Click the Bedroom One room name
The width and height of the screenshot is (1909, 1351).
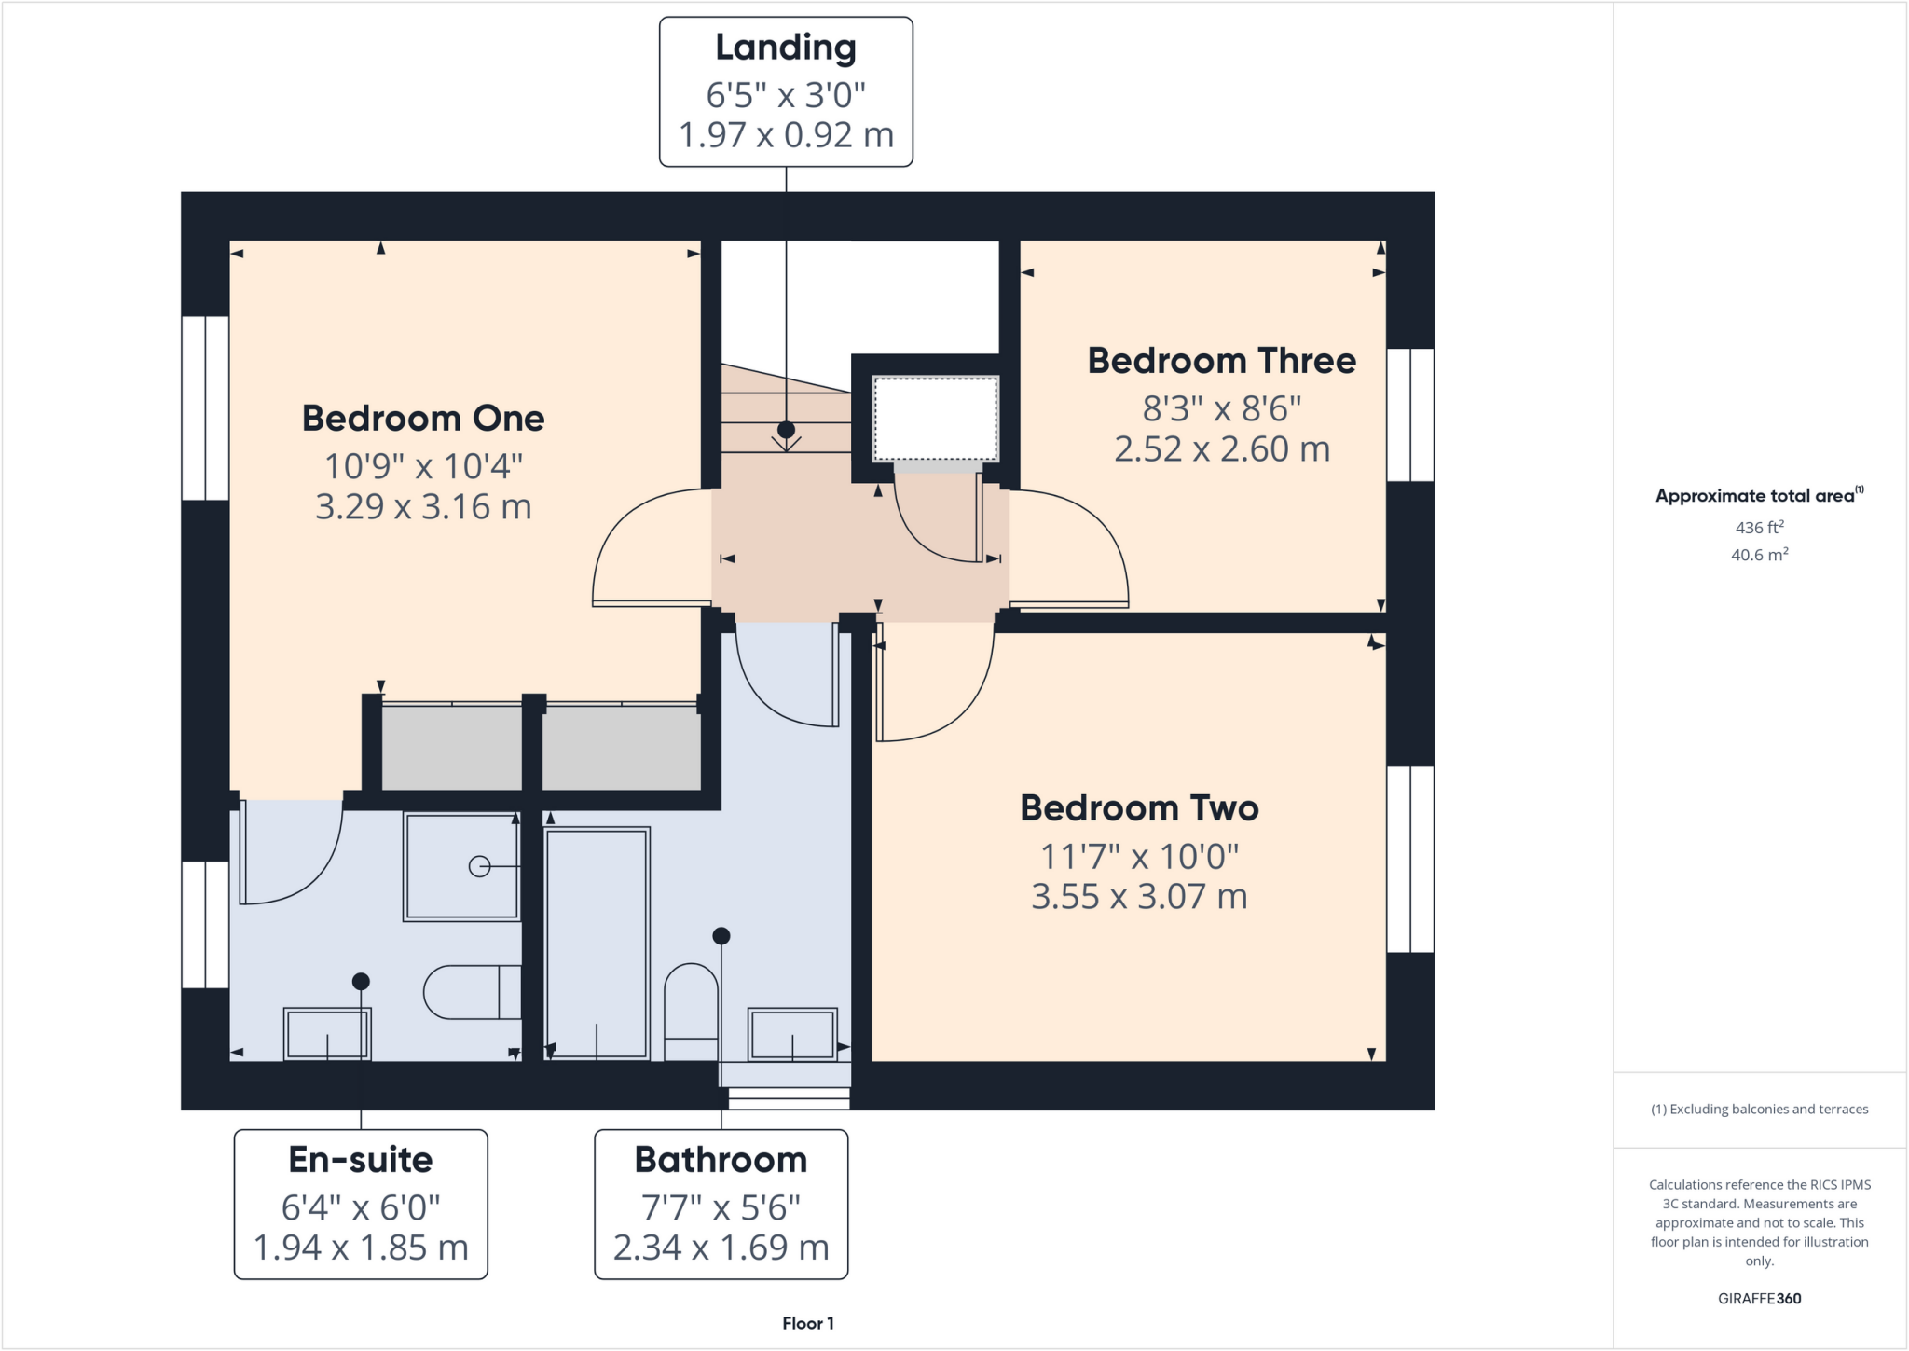pyautogui.click(x=423, y=418)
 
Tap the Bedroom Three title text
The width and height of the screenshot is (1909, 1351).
pyautogui.click(x=1221, y=361)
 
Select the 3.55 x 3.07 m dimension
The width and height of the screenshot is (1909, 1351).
pyautogui.click(x=1139, y=897)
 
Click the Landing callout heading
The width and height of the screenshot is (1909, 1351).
pyautogui.click(x=785, y=48)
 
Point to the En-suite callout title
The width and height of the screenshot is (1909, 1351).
pyautogui.click(x=361, y=1160)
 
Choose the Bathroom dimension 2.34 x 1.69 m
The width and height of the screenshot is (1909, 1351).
pyautogui.click(x=721, y=1248)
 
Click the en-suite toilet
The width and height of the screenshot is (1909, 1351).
pyautogui.click(x=471, y=992)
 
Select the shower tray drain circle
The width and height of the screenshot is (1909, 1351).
pyautogui.click(x=479, y=867)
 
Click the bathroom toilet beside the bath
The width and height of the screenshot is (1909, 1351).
pyautogui.click(x=691, y=1012)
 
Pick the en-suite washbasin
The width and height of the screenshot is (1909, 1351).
pyautogui.click(x=327, y=1033)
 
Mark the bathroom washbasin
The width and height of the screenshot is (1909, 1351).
pyautogui.click(x=792, y=1033)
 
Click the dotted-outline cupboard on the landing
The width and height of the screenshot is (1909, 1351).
pyautogui.click(x=935, y=419)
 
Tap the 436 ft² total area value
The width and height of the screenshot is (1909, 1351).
pyautogui.click(x=1759, y=528)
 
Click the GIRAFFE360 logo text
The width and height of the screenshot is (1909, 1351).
pyautogui.click(x=1759, y=1298)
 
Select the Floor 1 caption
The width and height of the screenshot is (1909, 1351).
pyautogui.click(x=807, y=1323)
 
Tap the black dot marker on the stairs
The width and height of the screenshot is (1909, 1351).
pyautogui.click(x=786, y=430)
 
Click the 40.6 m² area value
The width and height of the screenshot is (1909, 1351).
pyautogui.click(x=1759, y=555)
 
